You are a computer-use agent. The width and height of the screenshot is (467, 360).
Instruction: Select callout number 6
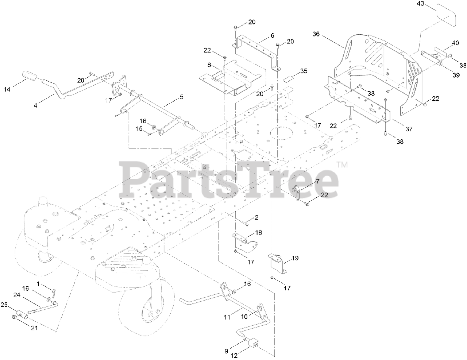pos(272,36)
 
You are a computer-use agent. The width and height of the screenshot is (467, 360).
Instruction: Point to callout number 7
pos(317,181)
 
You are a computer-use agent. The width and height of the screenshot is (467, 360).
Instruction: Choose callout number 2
pos(256,218)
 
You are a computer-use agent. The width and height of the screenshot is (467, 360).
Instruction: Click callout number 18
pos(259,232)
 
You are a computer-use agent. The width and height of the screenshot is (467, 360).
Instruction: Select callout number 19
pos(295,258)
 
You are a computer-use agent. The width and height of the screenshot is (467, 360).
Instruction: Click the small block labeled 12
pos(254,343)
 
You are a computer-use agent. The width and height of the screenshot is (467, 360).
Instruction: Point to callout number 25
pos(4,304)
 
